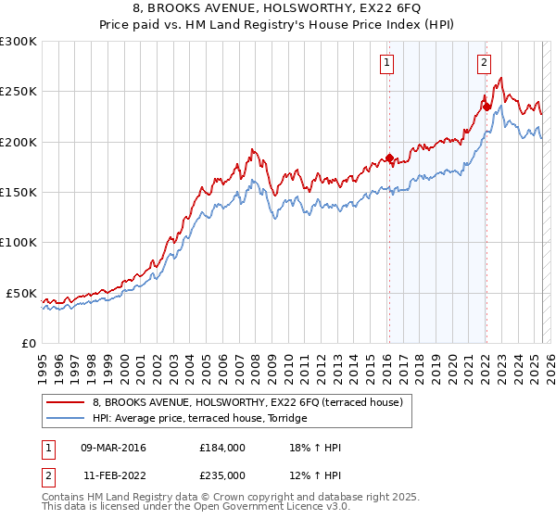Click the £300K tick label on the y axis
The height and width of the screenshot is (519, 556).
point(18,42)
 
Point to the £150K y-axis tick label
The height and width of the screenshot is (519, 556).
point(18,193)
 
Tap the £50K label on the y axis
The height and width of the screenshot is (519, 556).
point(21,293)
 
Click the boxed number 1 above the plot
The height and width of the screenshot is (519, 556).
point(385,63)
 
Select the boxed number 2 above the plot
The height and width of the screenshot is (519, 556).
point(484,63)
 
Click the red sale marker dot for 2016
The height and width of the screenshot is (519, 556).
point(389,158)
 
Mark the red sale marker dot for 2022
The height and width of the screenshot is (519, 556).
point(486,107)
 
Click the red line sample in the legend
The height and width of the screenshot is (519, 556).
point(65,403)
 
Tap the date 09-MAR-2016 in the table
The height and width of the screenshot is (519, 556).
point(113,448)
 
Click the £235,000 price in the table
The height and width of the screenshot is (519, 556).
point(222,475)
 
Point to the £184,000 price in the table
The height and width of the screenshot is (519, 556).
point(222,448)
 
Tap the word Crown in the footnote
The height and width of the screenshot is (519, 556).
point(235,498)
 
